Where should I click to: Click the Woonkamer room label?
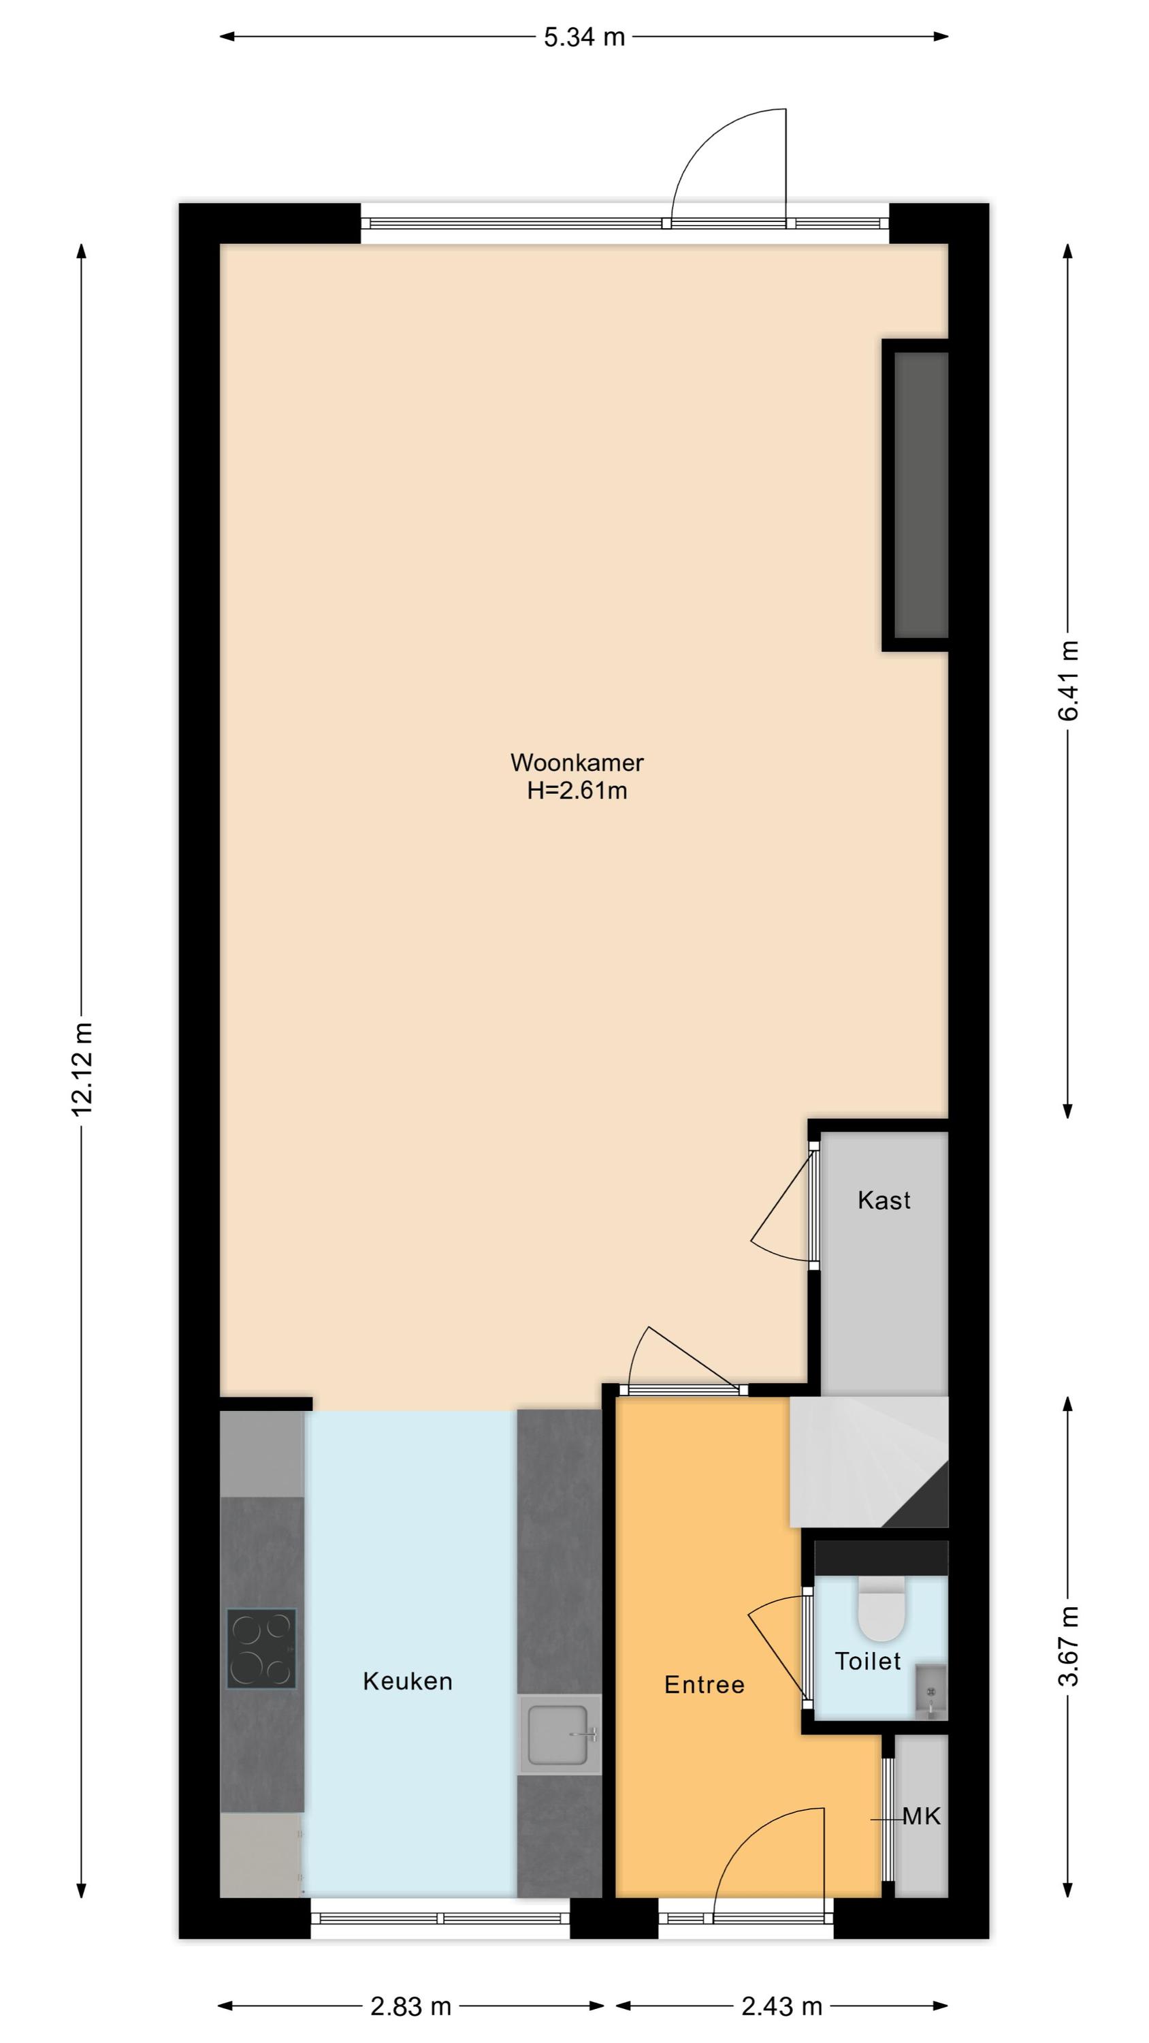(x=577, y=762)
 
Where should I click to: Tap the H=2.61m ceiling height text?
(x=577, y=791)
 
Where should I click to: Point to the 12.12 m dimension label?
(x=82, y=1068)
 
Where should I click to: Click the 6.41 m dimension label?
(x=1068, y=680)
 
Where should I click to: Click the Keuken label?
(x=408, y=1681)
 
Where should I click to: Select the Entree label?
(x=704, y=1685)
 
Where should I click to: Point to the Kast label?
(x=884, y=1200)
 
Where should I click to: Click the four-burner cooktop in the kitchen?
(x=261, y=1648)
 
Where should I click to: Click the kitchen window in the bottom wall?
(x=440, y=1918)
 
